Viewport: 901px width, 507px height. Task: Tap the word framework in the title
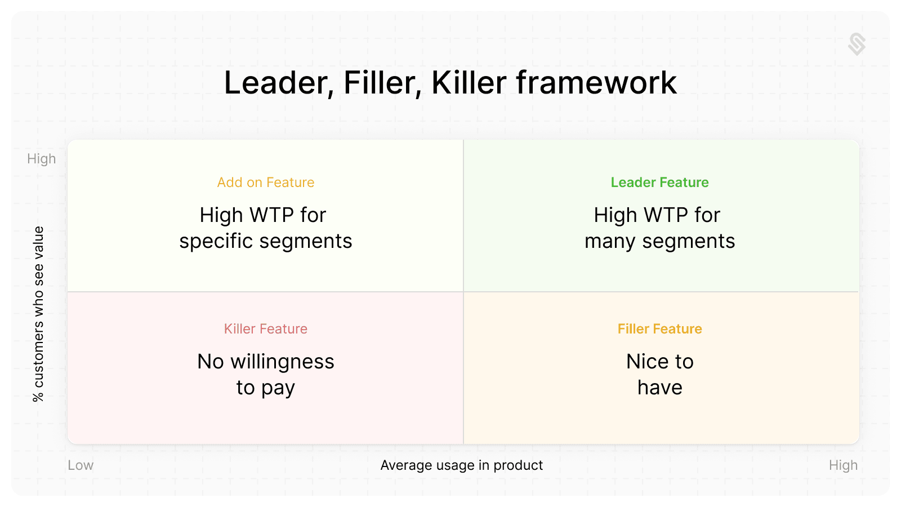coord(596,82)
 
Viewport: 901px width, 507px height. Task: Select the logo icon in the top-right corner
coord(857,45)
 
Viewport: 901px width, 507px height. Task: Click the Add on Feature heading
coord(265,183)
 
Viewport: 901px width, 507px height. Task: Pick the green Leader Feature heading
coord(659,183)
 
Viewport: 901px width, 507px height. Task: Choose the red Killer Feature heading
coord(265,329)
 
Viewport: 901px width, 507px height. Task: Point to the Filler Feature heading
coord(659,329)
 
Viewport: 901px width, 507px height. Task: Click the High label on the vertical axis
coord(42,159)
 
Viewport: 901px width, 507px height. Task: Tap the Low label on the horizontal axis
coord(81,465)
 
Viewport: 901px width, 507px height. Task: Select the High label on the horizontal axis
coord(843,465)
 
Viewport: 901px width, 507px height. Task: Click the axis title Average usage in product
coord(462,465)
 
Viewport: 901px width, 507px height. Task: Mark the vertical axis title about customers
coord(38,314)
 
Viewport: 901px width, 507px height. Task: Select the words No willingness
coord(265,362)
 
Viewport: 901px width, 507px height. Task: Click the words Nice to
coord(659,361)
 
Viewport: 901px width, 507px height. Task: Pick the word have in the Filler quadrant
coord(659,387)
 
